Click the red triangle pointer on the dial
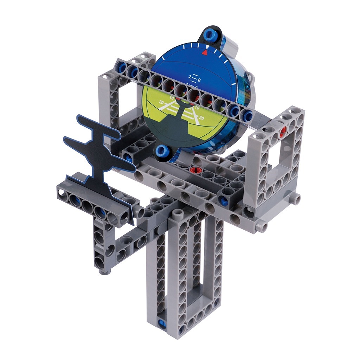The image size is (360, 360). [x=205, y=52]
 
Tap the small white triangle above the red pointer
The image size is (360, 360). [x=208, y=46]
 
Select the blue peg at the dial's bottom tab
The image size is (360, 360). [x=162, y=150]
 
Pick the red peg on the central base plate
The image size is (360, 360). [x=193, y=170]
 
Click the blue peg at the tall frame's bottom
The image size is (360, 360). [x=162, y=323]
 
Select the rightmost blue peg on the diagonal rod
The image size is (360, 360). [x=247, y=114]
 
